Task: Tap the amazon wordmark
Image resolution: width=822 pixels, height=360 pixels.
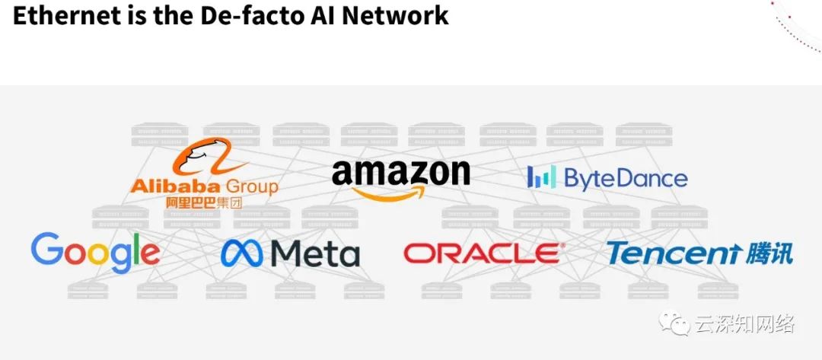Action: (400, 174)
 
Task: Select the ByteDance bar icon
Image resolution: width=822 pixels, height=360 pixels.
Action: (541, 177)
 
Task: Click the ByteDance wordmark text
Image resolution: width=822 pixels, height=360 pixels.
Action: (625, 178)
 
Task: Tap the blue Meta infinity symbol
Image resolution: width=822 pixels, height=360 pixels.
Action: (243, 253)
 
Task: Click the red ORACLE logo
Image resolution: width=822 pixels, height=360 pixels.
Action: (484, 253)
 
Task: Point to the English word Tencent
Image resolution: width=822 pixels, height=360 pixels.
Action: (672, 253)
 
